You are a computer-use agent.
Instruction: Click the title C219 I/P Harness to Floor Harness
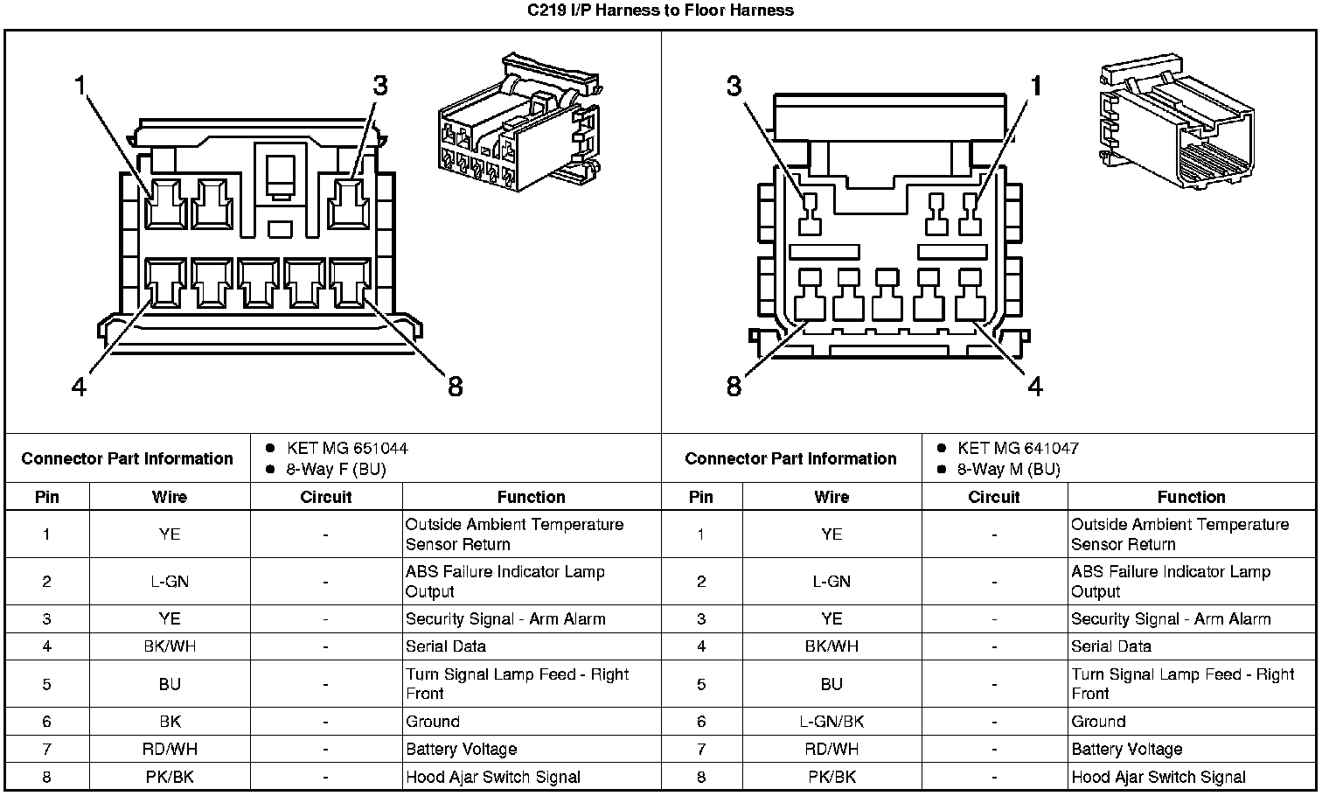click(660, 10)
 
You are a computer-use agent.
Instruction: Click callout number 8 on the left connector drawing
click(455, 386)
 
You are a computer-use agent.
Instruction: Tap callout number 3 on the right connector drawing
click(734, 86)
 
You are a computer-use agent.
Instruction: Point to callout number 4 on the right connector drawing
click(1035, 386)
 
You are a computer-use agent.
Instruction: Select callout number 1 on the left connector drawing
click(80, 86)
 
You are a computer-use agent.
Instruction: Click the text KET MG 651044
click(346, 449)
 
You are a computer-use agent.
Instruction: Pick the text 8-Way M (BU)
click(1008, 470)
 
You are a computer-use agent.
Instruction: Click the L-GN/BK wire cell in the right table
click(831, 722)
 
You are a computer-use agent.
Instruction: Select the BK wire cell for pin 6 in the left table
click(170, 722)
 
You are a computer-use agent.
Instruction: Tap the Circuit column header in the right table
click(993, 497)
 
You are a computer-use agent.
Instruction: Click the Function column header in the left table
click(531, 497)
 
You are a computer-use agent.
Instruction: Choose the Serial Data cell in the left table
click(446, 646)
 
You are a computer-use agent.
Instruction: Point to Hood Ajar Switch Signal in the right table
click(1158, 777)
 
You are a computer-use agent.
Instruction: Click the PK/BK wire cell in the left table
click(170, 777)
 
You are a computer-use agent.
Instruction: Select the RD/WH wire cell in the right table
click(831, 750)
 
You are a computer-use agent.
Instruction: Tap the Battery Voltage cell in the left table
click(461, 750)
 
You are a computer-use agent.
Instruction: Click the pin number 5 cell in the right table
click(701, 684)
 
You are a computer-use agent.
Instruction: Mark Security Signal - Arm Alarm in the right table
click(1171, 619)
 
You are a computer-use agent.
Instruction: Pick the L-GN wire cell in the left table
click(170, 582)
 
